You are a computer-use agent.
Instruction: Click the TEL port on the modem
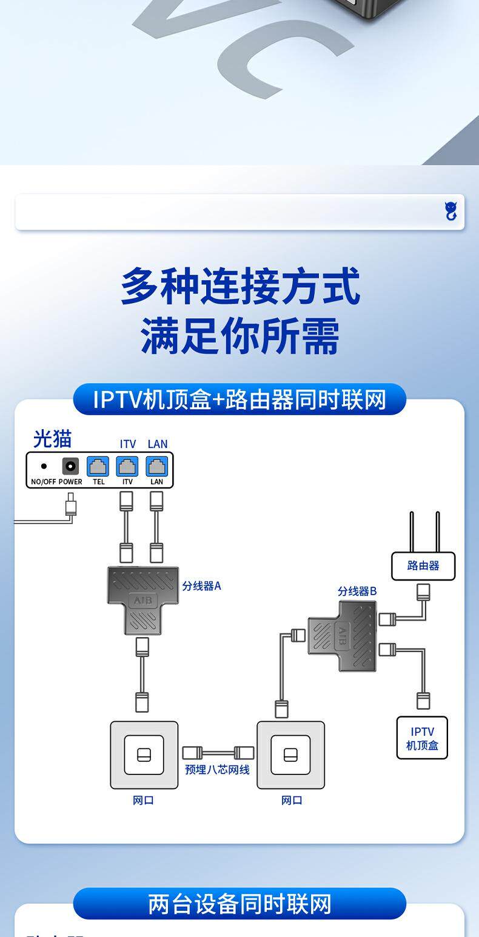point(98,467)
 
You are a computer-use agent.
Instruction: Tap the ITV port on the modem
point(127,467)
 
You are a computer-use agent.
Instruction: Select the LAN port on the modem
point(156,467)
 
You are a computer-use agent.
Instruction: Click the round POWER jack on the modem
point(70,467)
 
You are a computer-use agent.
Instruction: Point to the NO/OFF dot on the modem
point(44,467)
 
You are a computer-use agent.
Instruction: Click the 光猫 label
point(52,438)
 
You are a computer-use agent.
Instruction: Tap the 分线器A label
point(201,586)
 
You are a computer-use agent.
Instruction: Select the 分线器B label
point(357,591)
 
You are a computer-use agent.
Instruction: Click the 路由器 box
point(423,566)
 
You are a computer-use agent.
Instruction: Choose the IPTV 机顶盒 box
point(422,738)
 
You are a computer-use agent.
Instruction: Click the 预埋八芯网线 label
point(217,770)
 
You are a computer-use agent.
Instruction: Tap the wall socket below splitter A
point(144,755)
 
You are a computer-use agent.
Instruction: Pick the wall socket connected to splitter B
point(290,755)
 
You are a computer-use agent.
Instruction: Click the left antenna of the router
point(411,532)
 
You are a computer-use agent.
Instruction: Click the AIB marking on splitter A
point(143,601)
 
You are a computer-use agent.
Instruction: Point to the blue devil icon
point(451,212)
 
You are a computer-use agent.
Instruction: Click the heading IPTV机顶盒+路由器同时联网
point(239,399)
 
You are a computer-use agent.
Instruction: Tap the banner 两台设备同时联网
point(239,904)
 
